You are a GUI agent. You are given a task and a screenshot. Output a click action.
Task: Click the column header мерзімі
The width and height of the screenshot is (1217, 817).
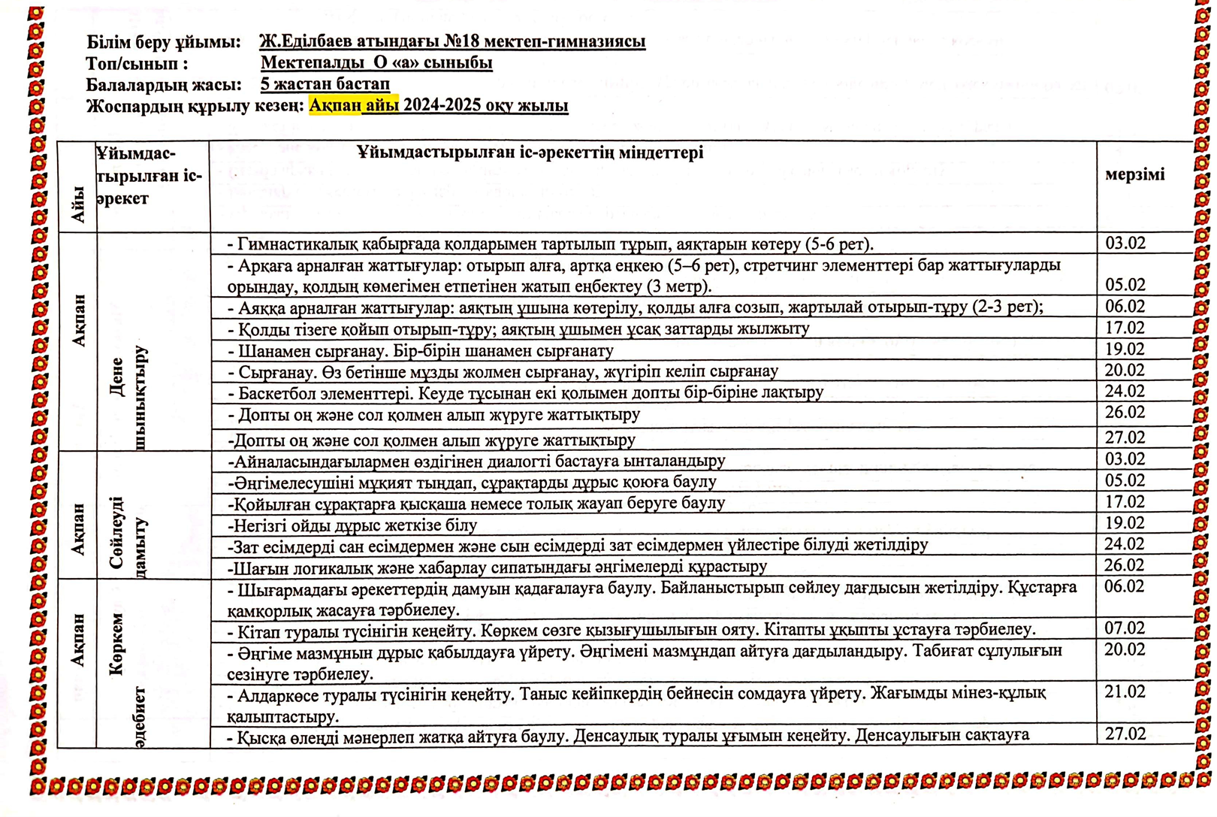[1134, 174]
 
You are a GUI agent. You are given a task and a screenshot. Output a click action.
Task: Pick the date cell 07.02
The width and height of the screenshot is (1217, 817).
[1125, 628]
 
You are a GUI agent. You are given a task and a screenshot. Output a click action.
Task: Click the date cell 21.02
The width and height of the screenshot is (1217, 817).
[1125, 691]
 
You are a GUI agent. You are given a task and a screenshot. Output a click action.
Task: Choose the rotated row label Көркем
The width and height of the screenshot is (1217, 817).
[116, 644]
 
